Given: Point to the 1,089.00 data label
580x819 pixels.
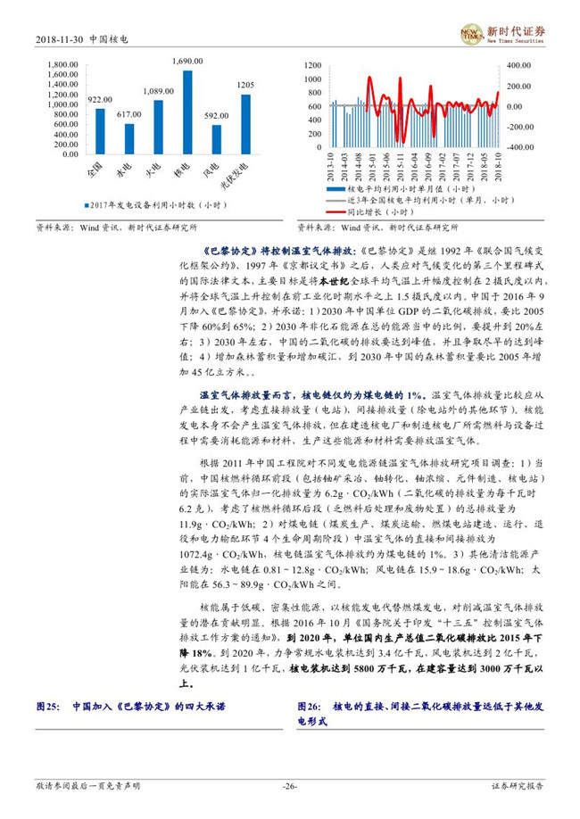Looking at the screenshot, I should [x=158, y=91].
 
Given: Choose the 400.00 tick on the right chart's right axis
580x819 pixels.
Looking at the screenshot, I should [x=518, y=66].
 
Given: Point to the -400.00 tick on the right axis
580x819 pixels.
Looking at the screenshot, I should [x=518, y=146].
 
